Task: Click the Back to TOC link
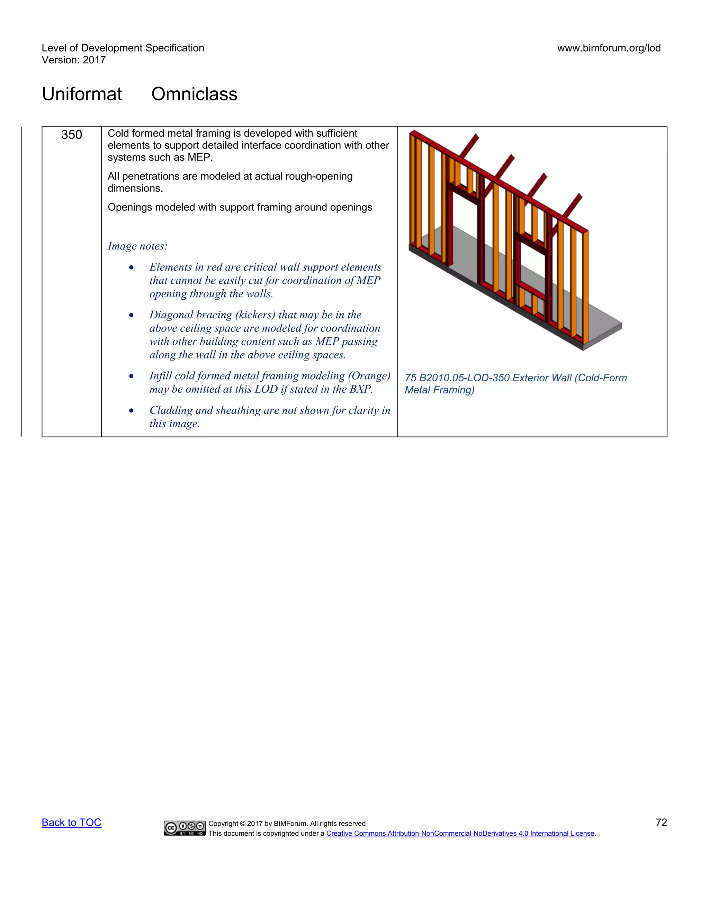pos(71,823)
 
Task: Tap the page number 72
pos(661,823)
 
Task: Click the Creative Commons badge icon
pos(185,828)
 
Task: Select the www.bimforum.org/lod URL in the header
pos(609,48)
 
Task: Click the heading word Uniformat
pos(82,94)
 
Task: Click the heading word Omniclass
pos(194,94)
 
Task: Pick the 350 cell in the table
pos(71,135)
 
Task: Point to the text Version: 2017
pos(73,60)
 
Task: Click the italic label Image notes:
pos(137,246)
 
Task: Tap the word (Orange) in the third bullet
pos(369,376)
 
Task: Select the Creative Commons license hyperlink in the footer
pos(460,834)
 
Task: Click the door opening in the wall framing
pos(465,235)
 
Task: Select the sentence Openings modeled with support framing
pos(240,207)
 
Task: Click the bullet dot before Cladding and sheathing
pos(132,411)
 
